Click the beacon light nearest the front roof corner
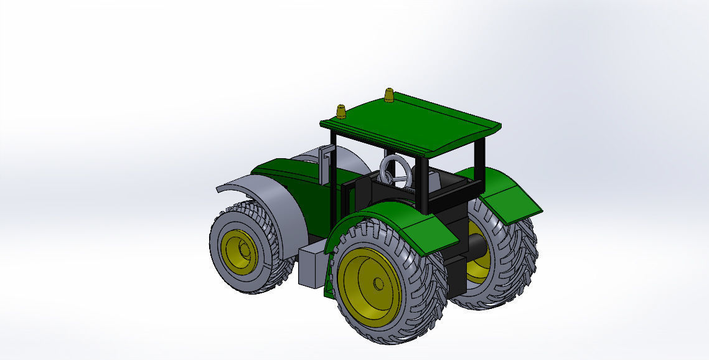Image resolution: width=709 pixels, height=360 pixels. pyautogui.click(x=341, y=111)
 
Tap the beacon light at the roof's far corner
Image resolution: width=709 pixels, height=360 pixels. pyautogui.click(x=389, y=95)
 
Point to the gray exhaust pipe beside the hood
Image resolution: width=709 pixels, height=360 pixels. pyautogui.click(x=325, y=164)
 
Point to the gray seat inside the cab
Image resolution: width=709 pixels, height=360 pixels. pyautogui.click(x=436, y=181)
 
